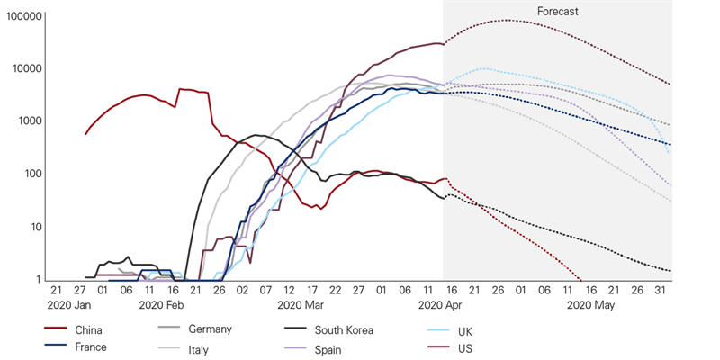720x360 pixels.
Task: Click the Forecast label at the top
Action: (557, 12)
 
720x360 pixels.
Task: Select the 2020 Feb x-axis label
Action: (162, 306)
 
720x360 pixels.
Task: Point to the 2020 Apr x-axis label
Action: (440, 306)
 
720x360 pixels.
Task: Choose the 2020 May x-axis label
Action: (589, 306)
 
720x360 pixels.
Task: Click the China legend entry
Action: (89, 330)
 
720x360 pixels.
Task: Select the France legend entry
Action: (91, 347)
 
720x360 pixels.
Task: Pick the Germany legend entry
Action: (209, 329)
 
